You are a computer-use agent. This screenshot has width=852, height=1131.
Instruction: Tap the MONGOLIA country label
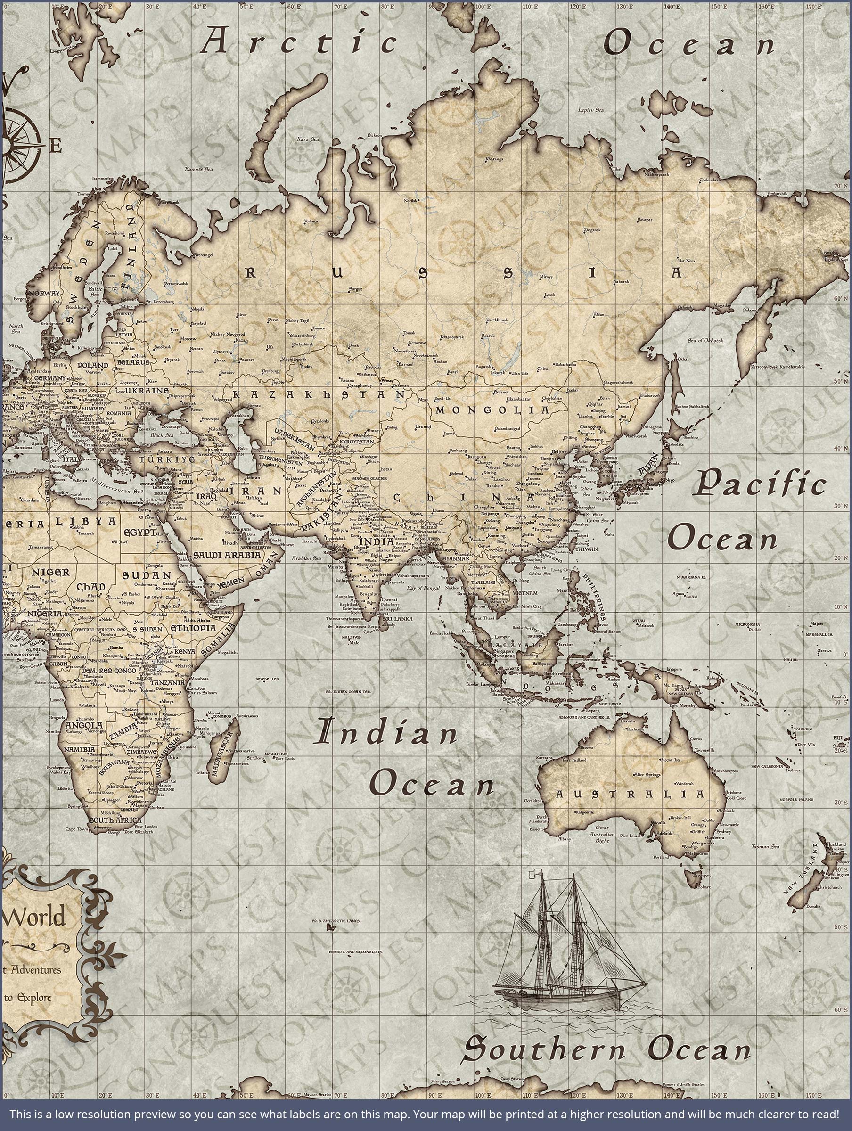(x=492, y=410)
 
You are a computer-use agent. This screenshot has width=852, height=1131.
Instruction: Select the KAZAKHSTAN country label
(x=319, y=395)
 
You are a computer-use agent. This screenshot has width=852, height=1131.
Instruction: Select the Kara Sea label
(x=308, y=139)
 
